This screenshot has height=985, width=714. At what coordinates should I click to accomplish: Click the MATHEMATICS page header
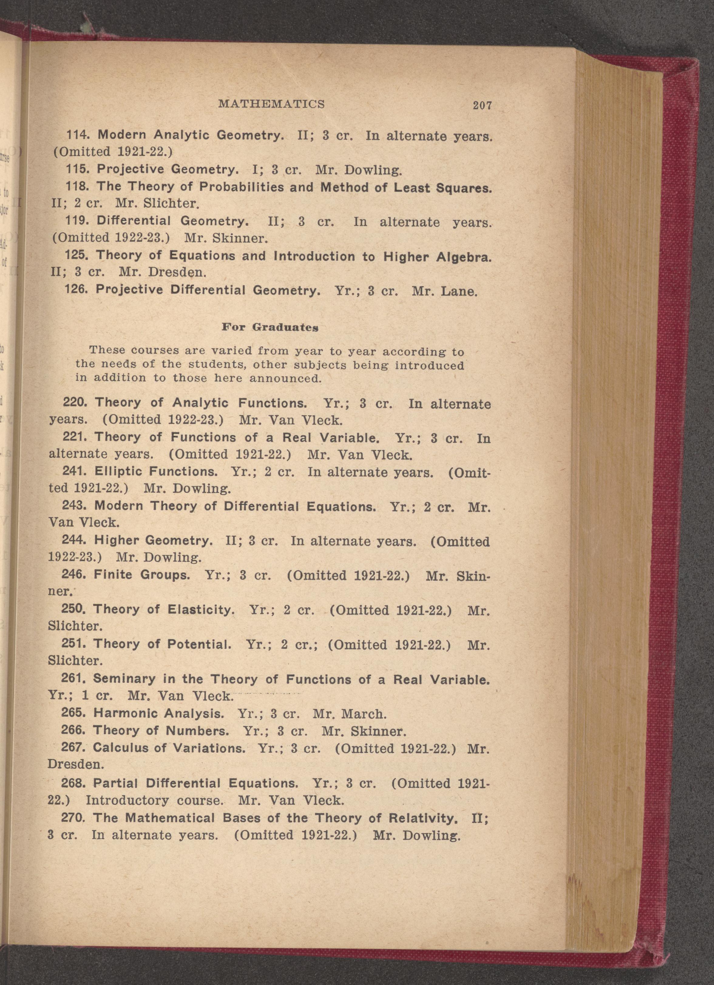pos(272,104)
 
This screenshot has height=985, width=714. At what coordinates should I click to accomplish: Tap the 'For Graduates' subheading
pos(270,327)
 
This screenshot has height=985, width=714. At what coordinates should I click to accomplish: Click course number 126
pos(76,289)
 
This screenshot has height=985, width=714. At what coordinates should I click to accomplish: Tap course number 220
pos(76,402)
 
